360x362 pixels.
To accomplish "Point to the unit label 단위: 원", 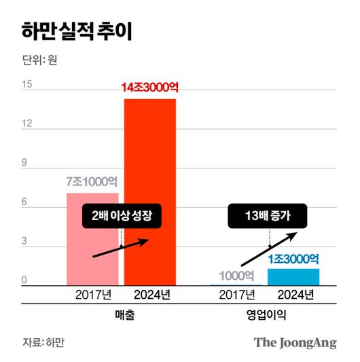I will [39, 60].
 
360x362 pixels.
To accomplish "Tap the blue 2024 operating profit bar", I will [293, 277].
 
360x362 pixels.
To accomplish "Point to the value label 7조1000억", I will [92, 182].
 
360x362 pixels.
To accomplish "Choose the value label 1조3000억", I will [293, 258].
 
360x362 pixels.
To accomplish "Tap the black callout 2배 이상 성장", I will [124, 216].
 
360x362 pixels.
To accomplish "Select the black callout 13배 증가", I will [268, 216].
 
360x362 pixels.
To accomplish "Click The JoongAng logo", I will [295, 342].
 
